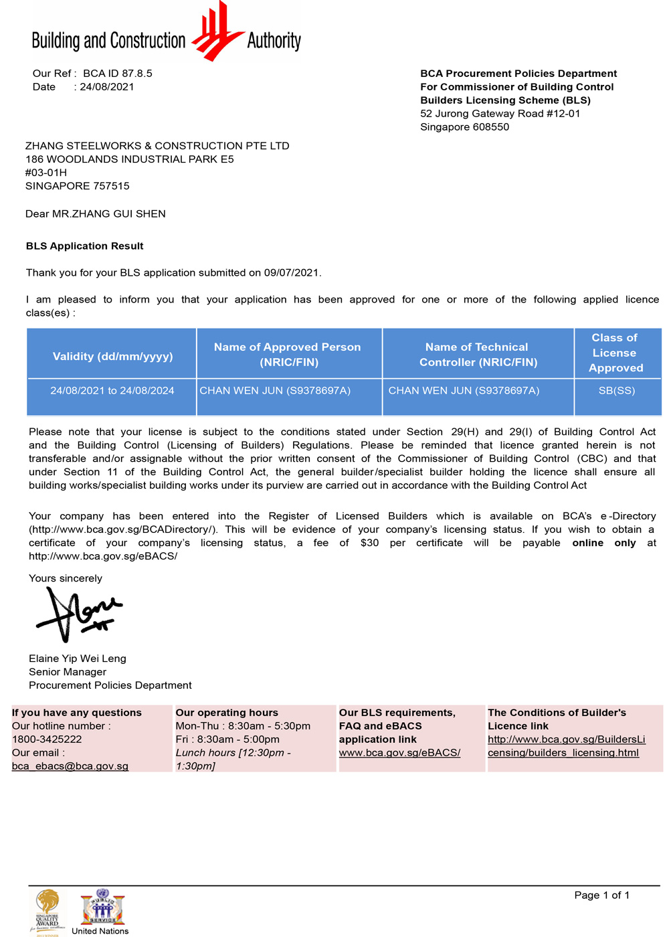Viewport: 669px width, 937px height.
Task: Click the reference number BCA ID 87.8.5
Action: tap(118, 74)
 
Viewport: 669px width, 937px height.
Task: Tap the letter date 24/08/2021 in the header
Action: tap(107, 87)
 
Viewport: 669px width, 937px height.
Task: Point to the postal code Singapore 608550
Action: tap(464, 127)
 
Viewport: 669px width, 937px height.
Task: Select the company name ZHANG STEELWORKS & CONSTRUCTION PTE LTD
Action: tap(157, 146)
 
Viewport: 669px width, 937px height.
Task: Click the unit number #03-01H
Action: tap(46, 173)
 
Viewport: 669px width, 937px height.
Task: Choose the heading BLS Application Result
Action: tap(85, 246)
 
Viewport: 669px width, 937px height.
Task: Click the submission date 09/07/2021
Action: tap(292, 273)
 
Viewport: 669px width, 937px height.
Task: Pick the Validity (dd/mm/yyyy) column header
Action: tap(112, 356)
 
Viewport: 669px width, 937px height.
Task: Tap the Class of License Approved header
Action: tap(615, 353)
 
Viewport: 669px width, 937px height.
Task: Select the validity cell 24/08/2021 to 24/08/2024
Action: tap(112, 391)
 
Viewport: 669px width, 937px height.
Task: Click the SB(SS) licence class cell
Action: tap(617, 391)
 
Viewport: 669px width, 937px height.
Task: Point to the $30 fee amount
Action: tap(369, 543)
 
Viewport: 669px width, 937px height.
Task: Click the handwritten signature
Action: tap(79, 614)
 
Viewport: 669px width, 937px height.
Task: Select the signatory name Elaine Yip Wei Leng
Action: tap(78, 659)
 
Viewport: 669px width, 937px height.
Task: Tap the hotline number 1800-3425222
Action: tap(47, 740)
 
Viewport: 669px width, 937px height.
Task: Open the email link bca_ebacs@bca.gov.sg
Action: tap(70, 766)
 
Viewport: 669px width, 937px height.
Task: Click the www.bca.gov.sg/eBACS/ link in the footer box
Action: tap(399, 753)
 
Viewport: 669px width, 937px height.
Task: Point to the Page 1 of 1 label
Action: tap(601, 896)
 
